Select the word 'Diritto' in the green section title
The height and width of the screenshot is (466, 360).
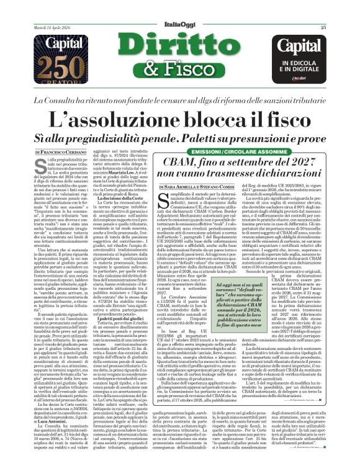pyautogui.click(x=180, y=48)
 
